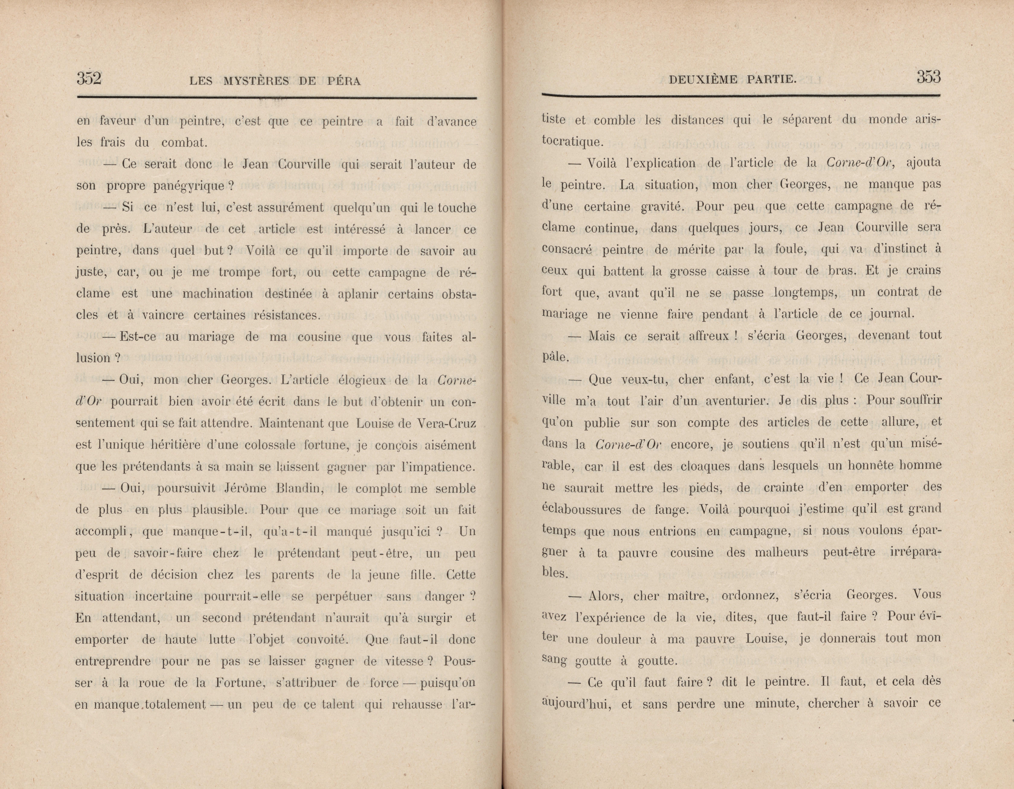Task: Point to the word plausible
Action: pos(219,510)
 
